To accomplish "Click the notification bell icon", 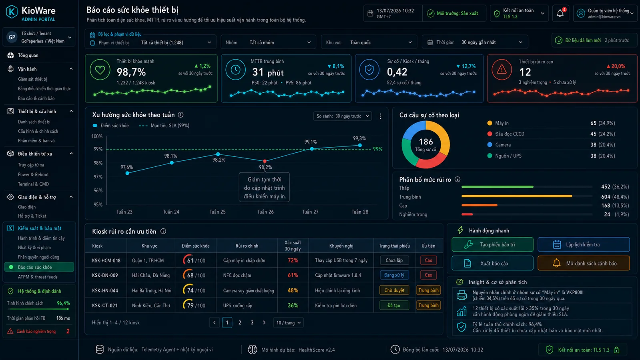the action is pos(560,13).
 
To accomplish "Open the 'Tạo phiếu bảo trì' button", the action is pos(492,245).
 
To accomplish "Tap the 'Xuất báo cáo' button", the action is pos(492,263).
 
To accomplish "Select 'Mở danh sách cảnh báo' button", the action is pos(584,263).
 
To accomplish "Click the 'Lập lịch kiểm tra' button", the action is pos(584,245).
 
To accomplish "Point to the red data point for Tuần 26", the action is pos(265,161).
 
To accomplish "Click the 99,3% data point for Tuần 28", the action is pos(360,145).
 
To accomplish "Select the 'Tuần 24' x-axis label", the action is pos(171,212).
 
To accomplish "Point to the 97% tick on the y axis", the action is pos(98,177).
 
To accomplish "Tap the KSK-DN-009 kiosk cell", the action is pos(105,275).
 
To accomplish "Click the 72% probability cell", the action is pos(293,260).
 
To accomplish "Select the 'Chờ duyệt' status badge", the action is pos(394,290).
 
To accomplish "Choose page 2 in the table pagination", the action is pos(240,323).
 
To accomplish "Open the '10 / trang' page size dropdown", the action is pos(288,323).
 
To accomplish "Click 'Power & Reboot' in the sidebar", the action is pos(33,174).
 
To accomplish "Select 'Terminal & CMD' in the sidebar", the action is pos(34,184).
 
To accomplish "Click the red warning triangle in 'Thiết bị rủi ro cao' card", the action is pos(502,70).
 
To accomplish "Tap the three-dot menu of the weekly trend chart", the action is pos(381,116).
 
